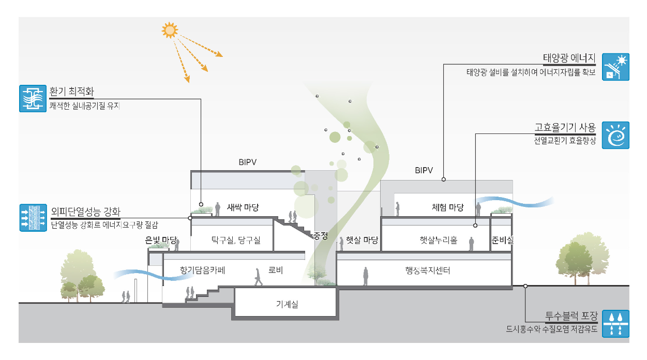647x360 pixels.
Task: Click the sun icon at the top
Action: (169, 30)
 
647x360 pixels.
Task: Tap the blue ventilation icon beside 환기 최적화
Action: (33, 98)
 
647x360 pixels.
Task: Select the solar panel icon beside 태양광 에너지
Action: (616, 66)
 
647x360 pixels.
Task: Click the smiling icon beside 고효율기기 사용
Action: (616, 136)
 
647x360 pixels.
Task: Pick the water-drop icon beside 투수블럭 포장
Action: (616, 324)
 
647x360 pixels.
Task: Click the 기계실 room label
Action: (287, 305)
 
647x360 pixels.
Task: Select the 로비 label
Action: (275, 270)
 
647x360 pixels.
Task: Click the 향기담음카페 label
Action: (203, 270)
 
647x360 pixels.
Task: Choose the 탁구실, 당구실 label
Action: (235, 240)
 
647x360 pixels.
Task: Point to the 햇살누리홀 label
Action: (439, 240)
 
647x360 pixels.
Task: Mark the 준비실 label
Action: (502, 240)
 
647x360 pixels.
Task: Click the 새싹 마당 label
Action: (243, 207)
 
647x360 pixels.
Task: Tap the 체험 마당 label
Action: (447, 207)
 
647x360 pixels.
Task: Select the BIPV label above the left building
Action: (248, 162)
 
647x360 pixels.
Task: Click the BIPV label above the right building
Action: (424, 170)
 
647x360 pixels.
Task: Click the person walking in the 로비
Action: (258, 277)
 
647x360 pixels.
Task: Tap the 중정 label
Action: (321, 236)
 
